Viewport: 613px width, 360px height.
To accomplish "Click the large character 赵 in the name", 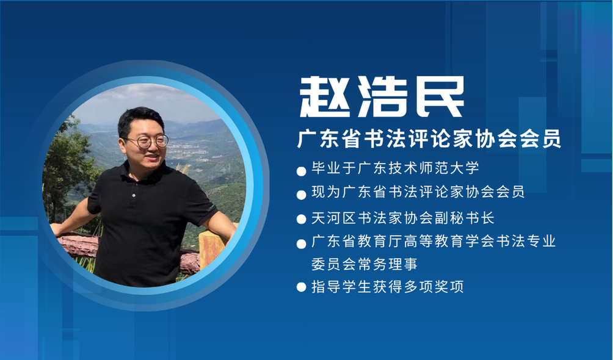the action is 324,96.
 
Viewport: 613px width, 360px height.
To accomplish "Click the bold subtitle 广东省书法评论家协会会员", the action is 429,139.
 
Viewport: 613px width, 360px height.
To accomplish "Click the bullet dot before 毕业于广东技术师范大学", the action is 301,171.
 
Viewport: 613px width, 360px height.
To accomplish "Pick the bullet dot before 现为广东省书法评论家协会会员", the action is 301,195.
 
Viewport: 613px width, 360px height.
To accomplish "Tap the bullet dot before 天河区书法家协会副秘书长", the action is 301,219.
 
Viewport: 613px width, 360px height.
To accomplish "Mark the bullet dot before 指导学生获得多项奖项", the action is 301,287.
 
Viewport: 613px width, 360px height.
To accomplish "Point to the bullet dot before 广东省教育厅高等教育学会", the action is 301,244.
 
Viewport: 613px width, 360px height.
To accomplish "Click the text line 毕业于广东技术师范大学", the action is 395,168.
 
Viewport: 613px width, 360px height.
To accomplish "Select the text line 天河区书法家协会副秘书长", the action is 403,218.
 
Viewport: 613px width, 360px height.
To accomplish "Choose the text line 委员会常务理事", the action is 365,264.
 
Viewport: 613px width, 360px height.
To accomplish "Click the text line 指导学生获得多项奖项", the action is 388,287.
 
